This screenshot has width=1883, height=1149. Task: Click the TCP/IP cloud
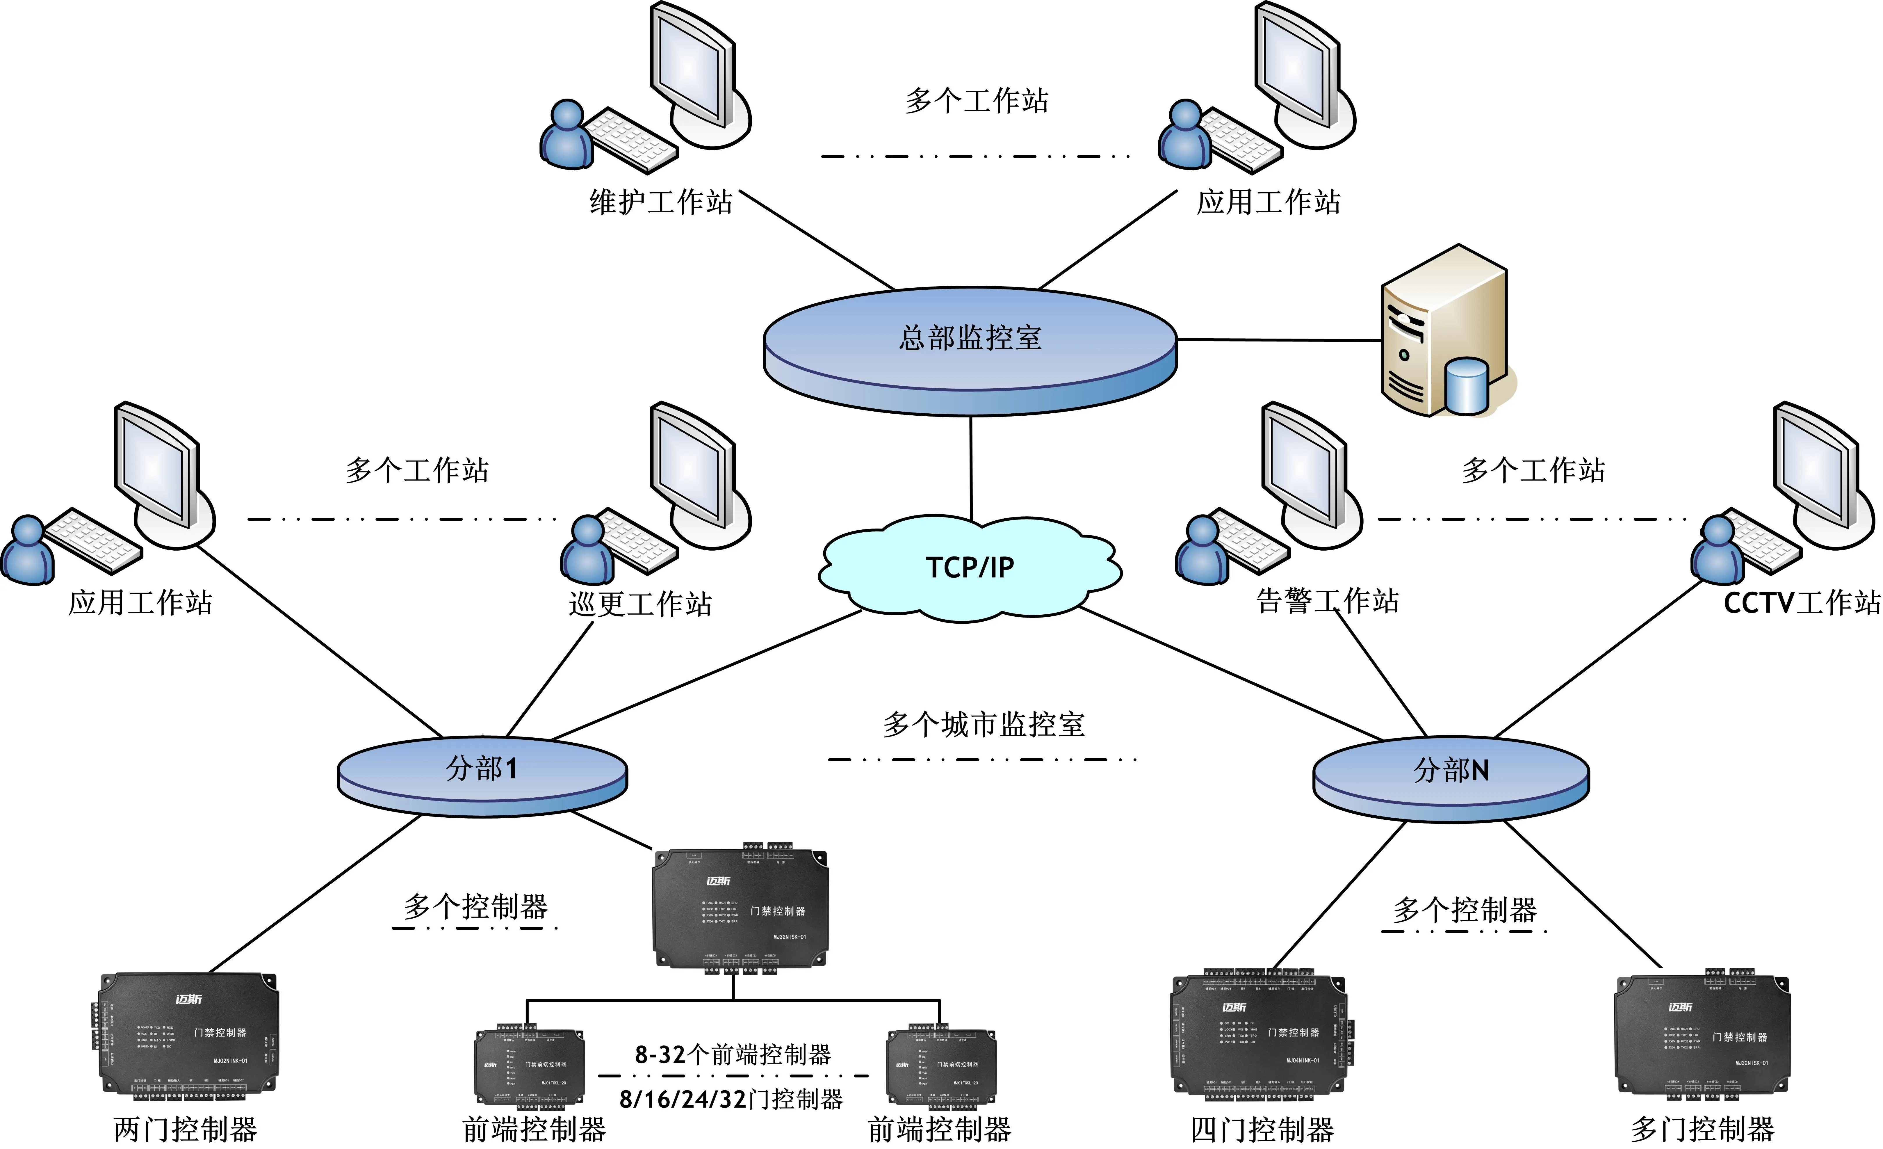(969, 567)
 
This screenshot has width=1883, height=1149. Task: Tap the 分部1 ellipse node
(482, 772)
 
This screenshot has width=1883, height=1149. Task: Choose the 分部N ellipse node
(1451, 774)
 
